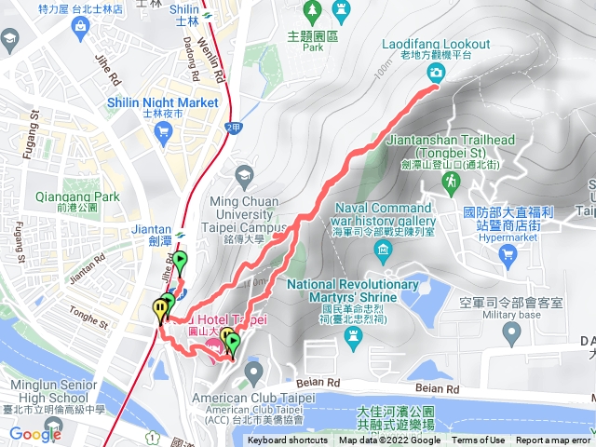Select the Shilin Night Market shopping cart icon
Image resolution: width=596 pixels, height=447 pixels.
tap(164, 130)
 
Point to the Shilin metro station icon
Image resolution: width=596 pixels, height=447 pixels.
tap(210, 14)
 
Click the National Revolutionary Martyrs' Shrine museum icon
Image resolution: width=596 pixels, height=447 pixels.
tap(352, 332)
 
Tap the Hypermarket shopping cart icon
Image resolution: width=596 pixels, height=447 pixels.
tap(507, 253)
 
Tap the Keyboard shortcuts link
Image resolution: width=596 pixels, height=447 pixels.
tap(287, 440)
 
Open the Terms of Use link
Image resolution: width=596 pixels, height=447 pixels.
tap(478, 440)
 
